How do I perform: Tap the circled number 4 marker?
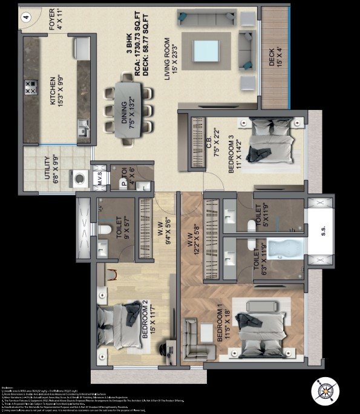point(26,18)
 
